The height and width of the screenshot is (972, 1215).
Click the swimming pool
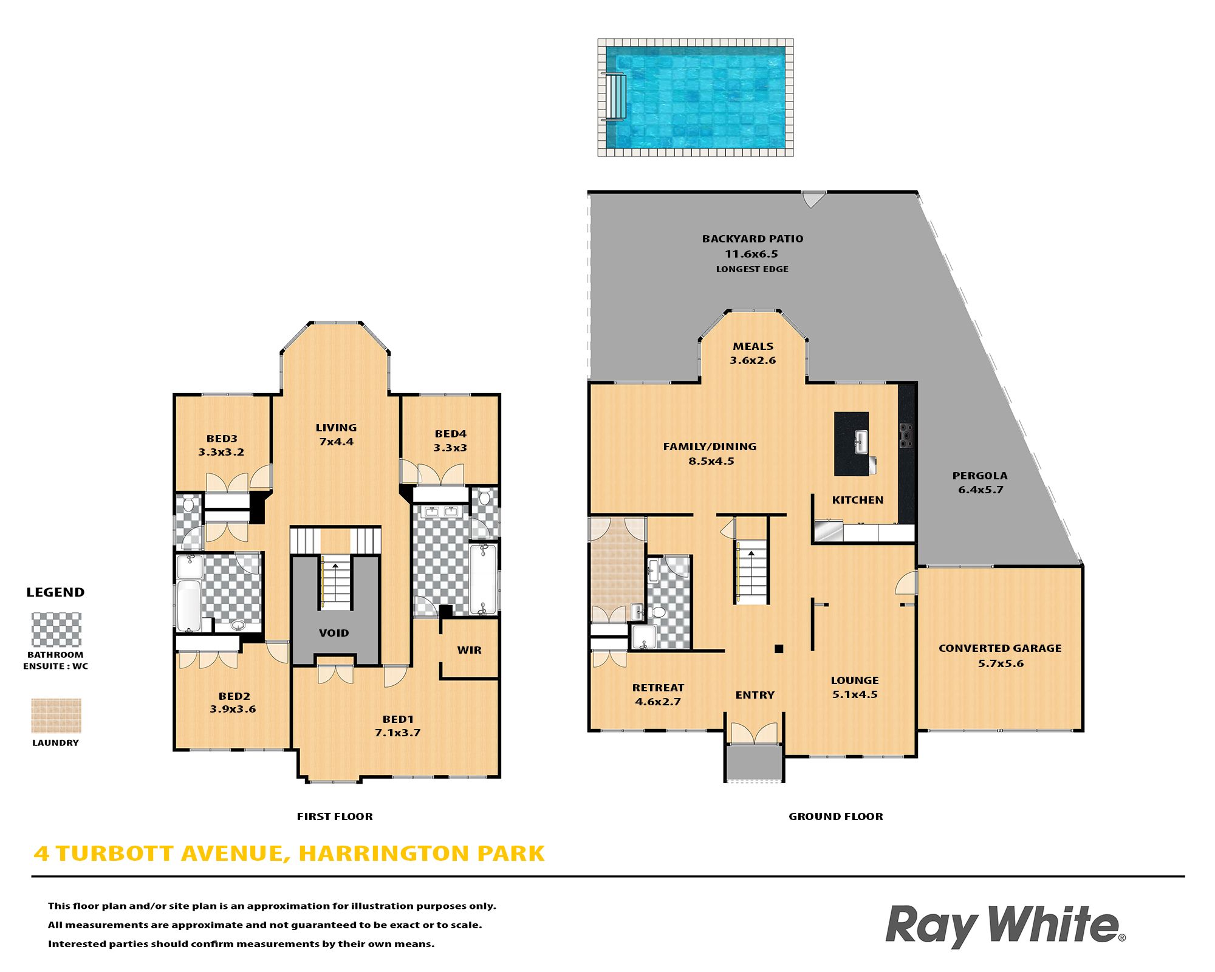(696, 98)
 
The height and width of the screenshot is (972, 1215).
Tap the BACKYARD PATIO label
(752, 239)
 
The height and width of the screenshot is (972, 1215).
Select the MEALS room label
(753, 346)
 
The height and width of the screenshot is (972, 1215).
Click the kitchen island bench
(851, 443)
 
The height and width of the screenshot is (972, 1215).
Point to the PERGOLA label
(980, 476)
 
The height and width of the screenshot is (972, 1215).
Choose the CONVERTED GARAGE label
(1000, 648)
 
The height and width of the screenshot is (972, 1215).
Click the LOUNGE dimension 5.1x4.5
(855, 694)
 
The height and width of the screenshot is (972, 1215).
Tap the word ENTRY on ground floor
(755, 695)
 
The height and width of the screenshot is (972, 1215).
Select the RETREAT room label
(658, 688)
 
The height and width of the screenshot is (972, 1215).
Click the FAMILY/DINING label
(710, 447)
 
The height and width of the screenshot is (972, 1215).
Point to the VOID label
(334, 633)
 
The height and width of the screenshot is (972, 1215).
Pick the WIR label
(469, 650)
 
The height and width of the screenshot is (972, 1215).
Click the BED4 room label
(451, 434)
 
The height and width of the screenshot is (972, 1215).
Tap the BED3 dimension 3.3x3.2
(221, 452)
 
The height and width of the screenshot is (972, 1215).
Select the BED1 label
(398, 719)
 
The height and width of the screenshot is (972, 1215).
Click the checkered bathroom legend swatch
(56, 629)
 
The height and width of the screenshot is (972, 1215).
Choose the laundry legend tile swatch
(56, 716)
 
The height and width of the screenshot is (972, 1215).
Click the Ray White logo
(1005, 925)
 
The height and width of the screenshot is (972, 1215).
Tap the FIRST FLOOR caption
(335, 816)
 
